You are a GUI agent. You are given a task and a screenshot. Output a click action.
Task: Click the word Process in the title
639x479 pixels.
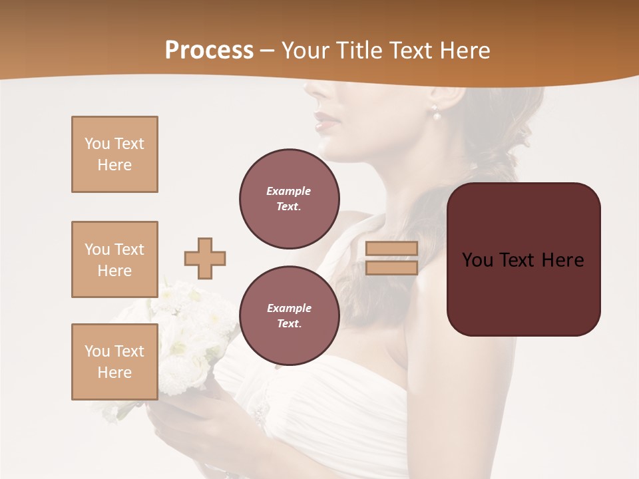click(x=209, y=50)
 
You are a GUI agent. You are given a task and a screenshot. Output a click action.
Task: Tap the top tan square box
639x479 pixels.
click(x=114, y=154)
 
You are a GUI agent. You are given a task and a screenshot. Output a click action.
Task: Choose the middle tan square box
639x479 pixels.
click(x=114, y=259)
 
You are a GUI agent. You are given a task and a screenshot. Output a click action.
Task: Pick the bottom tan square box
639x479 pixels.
click(x=114, y=362)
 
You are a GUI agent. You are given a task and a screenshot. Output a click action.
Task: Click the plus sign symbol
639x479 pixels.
click(x=205, y=258)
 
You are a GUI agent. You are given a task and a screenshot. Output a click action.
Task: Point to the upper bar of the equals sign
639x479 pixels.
click(x=391, y=248)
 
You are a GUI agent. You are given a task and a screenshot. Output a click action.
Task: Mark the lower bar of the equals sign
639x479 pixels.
click(x=391, y=267)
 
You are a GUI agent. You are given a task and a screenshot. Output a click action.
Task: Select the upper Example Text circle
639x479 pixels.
click(x=289, y=199)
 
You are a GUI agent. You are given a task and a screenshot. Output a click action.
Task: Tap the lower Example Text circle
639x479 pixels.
click(x=289, y=316)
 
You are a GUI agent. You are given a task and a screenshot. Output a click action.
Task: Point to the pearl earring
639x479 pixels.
click(x=437, y=115)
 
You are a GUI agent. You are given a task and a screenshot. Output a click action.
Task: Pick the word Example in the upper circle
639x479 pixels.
click(x=289, y=191)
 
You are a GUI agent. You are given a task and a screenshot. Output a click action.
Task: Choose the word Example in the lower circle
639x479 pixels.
click(x=289, y=308)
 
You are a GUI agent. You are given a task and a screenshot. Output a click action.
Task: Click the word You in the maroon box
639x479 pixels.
click(x=477, y=260)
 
